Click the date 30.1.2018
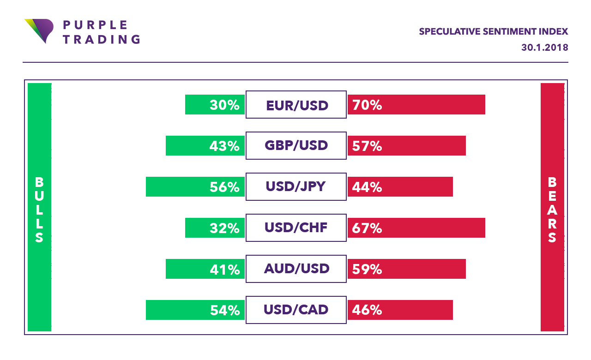(544, 48)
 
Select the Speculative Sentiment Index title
(493, 32)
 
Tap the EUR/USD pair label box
(296, 105)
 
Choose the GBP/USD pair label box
(296, 146)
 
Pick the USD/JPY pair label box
(296, 187)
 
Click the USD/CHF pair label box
(296, 228)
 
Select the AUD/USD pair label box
(296, 269)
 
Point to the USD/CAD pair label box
(296, 310)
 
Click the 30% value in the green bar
(224, 105)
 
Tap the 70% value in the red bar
(367, 105)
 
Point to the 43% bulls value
(224, 146)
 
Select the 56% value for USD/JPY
(224, 187)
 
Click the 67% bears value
(367, 228)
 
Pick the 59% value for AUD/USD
(367, 269)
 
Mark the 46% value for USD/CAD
(367, 310)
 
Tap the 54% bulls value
(224, 310)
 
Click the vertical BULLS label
(39, 210)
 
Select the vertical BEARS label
(552, 210)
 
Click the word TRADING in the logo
(101, 39)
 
